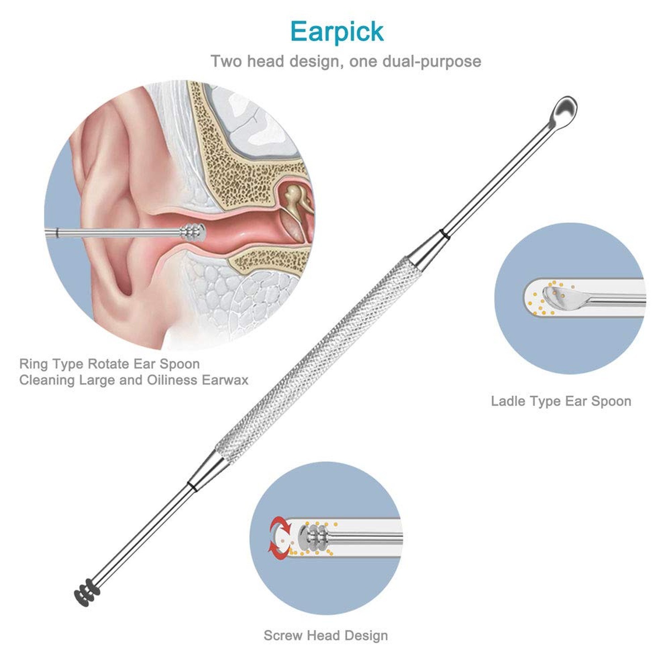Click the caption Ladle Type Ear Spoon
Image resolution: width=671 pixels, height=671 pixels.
coord(561,401)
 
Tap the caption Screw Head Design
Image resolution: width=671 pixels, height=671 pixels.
coord(326,635)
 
